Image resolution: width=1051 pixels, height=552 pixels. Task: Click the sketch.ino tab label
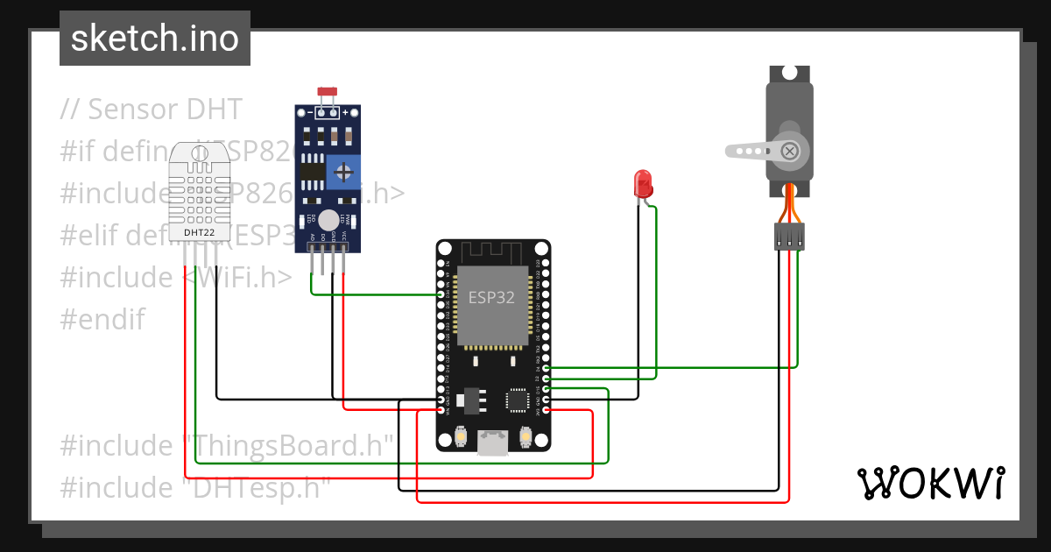[x=155, y=39]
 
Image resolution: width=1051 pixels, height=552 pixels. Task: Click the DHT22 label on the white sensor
[x=199, y=232]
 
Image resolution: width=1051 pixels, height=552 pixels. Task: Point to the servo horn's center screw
[x=790, y=151]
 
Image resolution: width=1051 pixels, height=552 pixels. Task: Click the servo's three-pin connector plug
[x=789, y=236]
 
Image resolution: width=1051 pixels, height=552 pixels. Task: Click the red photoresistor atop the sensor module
[x=328, y=92]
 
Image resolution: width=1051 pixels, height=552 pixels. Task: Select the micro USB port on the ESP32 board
[x=493, y=443]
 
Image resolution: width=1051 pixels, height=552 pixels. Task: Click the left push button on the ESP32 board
[x=461, y=435]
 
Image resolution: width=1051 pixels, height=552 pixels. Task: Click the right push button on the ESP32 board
[x=526, y=435]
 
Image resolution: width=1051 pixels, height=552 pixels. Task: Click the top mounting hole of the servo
[x=790, y=75]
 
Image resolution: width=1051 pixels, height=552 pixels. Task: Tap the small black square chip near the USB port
[x=517, y=400]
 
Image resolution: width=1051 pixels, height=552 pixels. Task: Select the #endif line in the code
[x=102, y=319]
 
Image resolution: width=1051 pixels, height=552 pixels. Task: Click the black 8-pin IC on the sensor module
[x=311, y=170]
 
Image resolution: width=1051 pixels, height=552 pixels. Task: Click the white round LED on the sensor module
[x=328, y=220]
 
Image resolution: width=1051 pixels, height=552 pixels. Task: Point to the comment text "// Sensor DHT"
[x=151, y=110]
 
